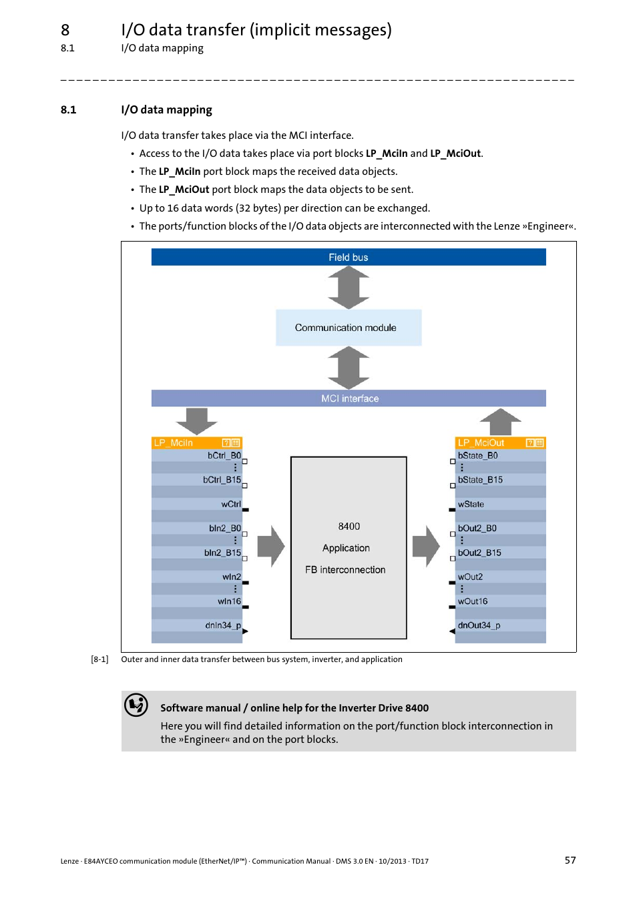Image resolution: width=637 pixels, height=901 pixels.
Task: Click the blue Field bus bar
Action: (348, 257)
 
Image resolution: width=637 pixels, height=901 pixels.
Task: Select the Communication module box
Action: (348, 328)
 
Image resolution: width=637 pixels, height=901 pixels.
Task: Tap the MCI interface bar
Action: (348, 398)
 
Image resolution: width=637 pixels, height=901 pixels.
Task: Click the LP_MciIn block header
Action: (196, 442)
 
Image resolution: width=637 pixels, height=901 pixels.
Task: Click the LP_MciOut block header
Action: (499, 442)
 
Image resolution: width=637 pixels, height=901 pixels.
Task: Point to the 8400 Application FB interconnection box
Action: (348, 548)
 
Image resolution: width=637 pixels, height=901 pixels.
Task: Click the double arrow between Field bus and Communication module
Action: (348, 288)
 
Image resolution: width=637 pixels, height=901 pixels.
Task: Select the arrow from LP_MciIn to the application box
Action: (270, 547)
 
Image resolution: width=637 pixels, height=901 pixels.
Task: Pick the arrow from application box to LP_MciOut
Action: (426, 547)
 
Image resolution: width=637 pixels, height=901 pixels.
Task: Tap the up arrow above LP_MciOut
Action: (500, 422)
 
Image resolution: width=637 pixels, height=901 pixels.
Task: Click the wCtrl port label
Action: (231, 505)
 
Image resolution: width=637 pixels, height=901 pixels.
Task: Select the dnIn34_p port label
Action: (223, 625)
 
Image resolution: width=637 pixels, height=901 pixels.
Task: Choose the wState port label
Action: (471, 505)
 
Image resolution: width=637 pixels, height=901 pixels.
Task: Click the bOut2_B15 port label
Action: (479, 553)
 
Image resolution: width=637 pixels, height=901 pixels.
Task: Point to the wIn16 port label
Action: (229, 601)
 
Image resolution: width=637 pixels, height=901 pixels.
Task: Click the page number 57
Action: (570, 860)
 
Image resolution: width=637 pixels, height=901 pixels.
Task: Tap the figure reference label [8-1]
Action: (99, 659)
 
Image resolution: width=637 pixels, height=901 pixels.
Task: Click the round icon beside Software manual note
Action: (136, 705)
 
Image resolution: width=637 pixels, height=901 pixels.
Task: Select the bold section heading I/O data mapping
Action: (166, 109)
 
